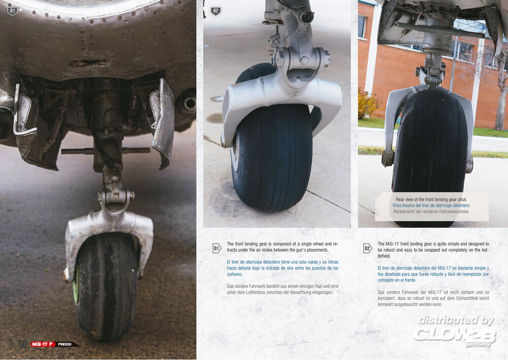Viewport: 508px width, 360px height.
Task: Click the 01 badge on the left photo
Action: [12, 11]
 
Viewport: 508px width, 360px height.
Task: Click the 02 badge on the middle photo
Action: [215, 11]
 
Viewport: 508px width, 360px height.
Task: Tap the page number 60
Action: [23, 344]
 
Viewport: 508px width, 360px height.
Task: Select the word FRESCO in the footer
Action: [65, 344]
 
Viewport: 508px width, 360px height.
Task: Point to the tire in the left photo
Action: [105, 285]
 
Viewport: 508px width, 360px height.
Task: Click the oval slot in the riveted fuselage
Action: [89, 63]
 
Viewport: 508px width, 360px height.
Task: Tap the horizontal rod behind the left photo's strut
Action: [105, 151]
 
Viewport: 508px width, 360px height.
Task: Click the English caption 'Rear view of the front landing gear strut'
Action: [431, 199]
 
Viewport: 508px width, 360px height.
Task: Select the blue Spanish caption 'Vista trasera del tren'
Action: [431, 205]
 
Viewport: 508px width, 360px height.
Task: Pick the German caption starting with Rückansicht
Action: [431, 212]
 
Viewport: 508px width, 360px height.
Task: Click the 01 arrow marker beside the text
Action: [217, 249]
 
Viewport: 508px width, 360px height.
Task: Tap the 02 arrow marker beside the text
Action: [367, 249]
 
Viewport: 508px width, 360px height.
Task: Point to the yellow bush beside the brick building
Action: [367, 104]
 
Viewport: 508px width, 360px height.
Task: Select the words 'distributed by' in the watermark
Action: [456, 320]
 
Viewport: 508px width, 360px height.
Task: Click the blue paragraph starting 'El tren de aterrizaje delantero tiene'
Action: [282, 268]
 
